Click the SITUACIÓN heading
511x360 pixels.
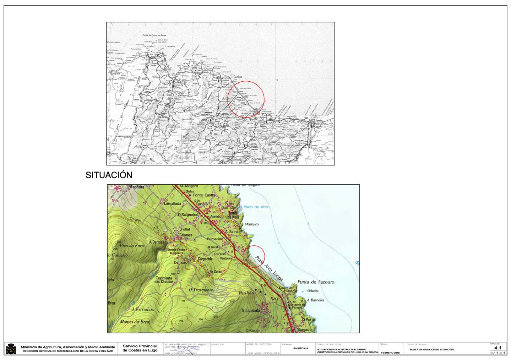click(109, 175)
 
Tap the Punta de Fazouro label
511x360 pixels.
click(316, 282)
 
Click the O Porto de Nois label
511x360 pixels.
click(254, 207)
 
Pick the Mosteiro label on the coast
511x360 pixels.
click(251, 224)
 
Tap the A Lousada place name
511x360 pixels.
click(251, 311)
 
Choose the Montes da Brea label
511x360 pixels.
click(135, 322)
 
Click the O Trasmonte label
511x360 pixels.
click(201, 290)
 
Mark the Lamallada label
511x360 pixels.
click(173, 203)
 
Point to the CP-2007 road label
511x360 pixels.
click(135, 219)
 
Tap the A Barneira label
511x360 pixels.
click(315, 300)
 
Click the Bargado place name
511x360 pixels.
click(304, 329)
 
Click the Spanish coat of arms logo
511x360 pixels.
click(11, 349)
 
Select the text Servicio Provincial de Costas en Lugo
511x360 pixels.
click(140, 348)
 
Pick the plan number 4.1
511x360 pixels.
click(498, 348)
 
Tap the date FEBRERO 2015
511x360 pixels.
click(390, 353)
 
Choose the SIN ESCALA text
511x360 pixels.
click(300, 348)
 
